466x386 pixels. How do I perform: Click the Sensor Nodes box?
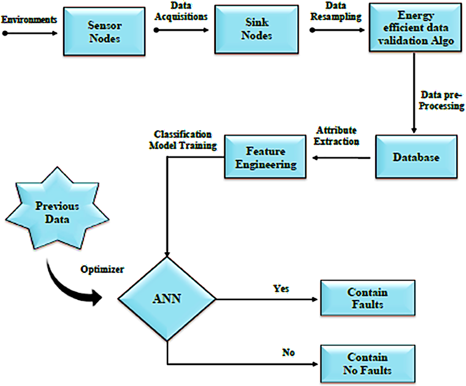(x=104, y=31)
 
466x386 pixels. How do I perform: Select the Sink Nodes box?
(x=256, y=30)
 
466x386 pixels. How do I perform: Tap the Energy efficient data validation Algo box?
(x=415, y=27)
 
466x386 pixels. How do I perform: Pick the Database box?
(x=416, y=157)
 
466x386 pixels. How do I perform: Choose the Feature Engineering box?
(x=265, y=157)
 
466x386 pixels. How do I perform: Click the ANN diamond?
(x=167, y=299)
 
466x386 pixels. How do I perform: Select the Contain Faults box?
(x=368, y=298)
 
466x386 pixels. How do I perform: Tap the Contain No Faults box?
(x=368, y=364)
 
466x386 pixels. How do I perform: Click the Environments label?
(x=29, y=19)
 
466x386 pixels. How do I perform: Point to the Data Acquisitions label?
(x=181, y=11)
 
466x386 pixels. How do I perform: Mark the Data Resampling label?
(x=336, y=11)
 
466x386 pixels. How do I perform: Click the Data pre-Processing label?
(x=441, y=100)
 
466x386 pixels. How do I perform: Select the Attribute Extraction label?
(x=336, y=136)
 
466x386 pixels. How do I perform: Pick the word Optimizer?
(x=102, y=269)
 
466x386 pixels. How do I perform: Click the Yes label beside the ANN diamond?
(x=281, y=288)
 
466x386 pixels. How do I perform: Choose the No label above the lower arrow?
(x=288, y=352)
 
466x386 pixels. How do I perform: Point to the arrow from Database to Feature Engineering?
(x=341, y=158)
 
